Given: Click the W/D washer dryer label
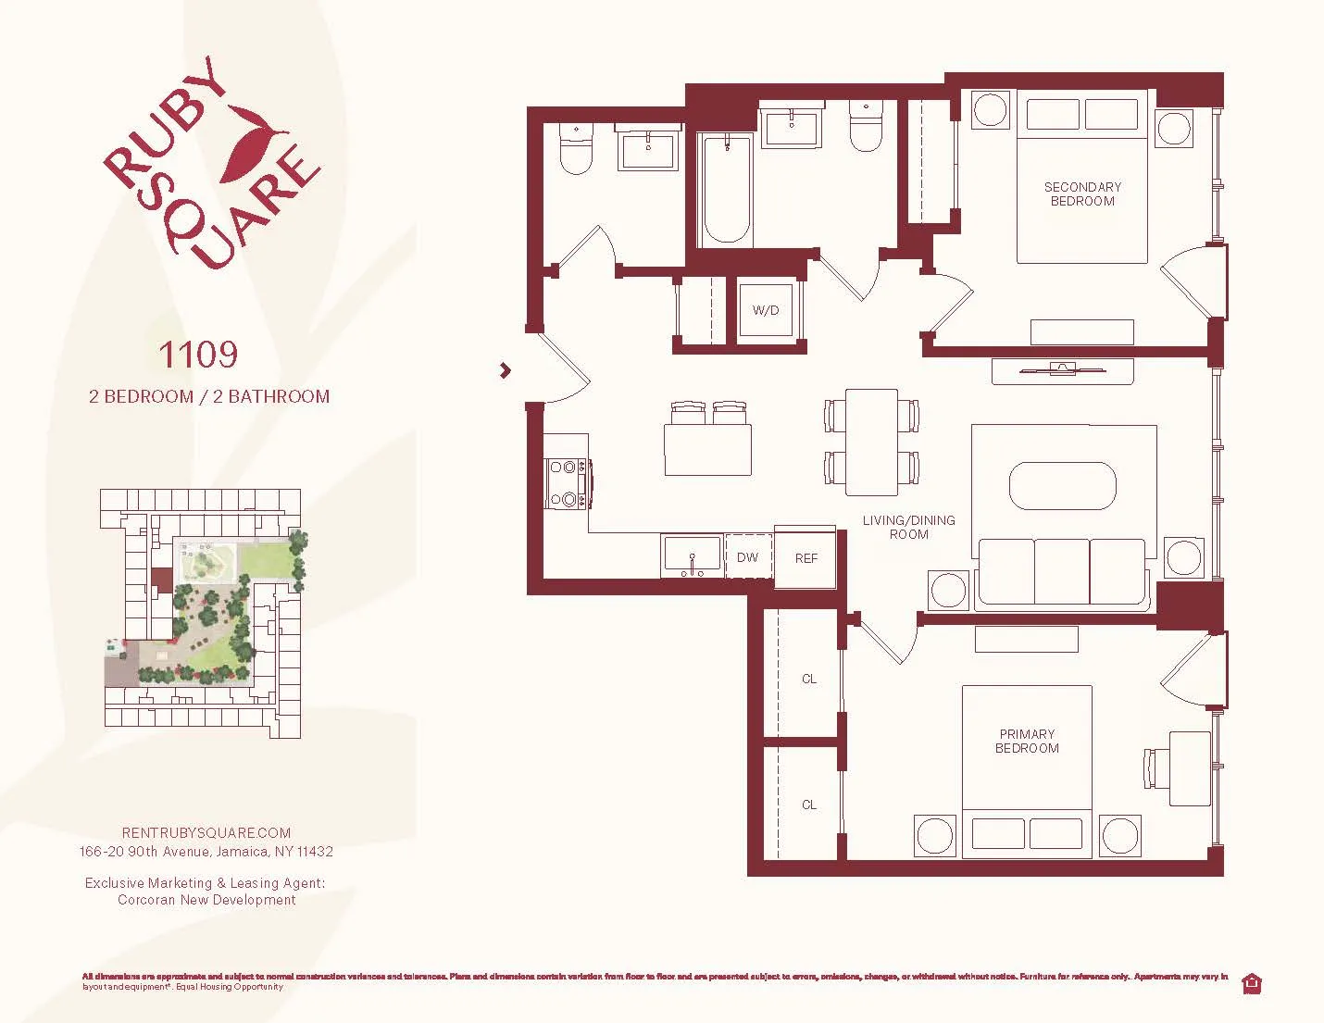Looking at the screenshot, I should (x=766, y=311).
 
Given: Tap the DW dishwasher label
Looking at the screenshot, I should (x=747, y=557).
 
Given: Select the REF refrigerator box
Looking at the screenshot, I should (x=806, y=558).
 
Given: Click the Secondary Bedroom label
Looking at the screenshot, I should (x=1082, y=193).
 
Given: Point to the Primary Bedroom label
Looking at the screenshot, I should (x=1027, y=741).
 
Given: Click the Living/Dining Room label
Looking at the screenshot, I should (x=908, y=527).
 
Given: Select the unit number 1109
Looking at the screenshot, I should (x=197, y=354).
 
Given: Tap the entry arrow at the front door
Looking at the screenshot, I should (x=505, y=370).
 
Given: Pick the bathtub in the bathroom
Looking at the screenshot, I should (x=725, y=190).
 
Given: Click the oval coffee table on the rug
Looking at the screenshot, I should (x=1062, y=485).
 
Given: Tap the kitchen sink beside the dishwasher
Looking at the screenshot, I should (x=692, y=555).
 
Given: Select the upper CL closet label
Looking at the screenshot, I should (x=809, y=679).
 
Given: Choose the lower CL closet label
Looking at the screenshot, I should (x=809, y=805).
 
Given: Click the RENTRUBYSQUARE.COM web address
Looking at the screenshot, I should (x=206, y=832).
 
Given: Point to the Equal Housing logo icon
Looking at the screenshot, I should (x=1253, y=983).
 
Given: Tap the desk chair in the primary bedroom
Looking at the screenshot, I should (x=1154, y=767).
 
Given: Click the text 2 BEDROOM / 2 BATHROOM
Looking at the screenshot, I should (x=209, y=396).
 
